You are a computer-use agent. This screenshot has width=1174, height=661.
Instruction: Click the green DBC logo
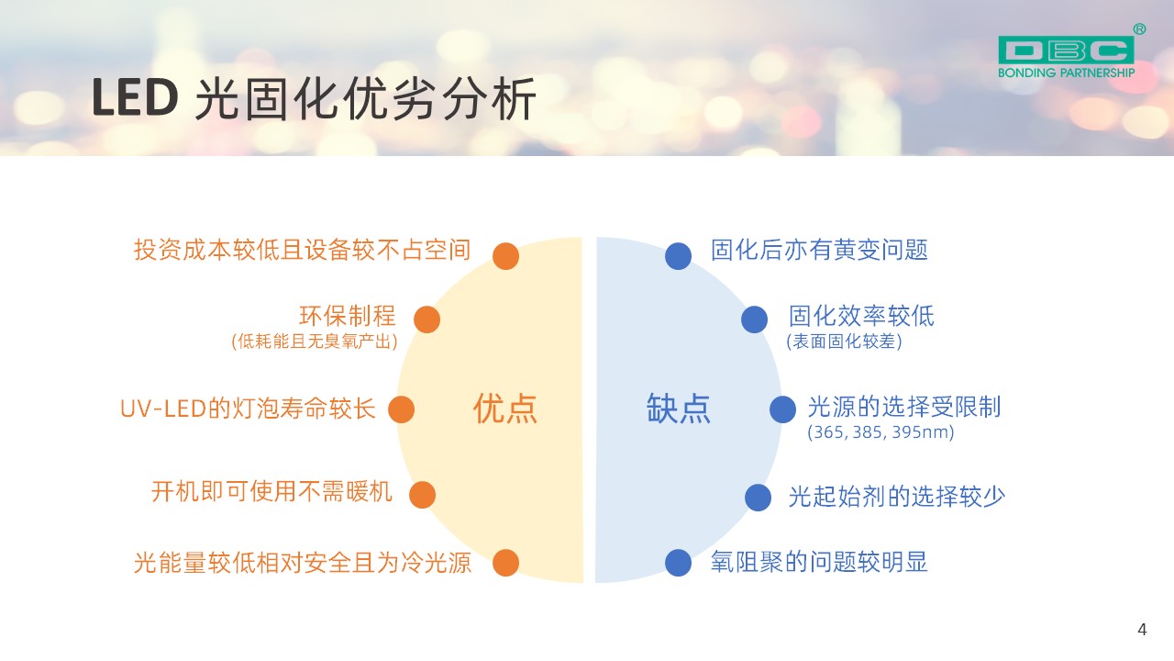click(x=1066, y=50)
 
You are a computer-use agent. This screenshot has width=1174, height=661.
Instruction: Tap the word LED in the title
click(x=135, y=97)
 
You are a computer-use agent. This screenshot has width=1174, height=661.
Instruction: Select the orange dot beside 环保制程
click(x=426, y=319)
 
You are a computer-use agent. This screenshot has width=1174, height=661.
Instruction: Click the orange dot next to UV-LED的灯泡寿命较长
click(x=402, y=409)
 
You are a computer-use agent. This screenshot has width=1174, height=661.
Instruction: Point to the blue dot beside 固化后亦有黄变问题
click(x=678, y=256)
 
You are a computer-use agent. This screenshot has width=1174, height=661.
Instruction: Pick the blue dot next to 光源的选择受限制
click(x=783, y=409)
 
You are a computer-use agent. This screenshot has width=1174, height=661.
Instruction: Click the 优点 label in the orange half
click(x=505, y=409)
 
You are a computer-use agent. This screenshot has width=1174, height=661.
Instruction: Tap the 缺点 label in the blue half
click(x=678, y=409)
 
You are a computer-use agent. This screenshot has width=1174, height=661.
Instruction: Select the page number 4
click(x=1142, y=629)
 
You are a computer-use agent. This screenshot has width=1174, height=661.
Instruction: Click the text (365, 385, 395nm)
click(x=880, y=432)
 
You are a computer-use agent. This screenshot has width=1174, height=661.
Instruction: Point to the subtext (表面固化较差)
click(x=844, y=342)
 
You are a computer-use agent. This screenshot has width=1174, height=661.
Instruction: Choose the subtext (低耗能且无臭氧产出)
click(x=315, y=342)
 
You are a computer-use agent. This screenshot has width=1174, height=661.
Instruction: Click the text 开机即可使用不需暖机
click(x=271, y=492)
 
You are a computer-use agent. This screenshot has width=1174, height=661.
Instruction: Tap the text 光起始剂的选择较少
click(x=897, y=497)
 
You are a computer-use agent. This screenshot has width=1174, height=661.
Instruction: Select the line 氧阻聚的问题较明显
click(x=819, y=562)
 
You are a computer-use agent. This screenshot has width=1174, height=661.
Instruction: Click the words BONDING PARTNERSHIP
click(x=1066, y=73)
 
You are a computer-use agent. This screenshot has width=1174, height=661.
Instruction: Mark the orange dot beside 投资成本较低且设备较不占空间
click(x=505, y=256)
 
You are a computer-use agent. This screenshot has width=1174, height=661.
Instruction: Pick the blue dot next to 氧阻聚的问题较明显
click(x=678, y=563)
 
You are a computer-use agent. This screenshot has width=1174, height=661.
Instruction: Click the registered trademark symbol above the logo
click(x=1139, y=29)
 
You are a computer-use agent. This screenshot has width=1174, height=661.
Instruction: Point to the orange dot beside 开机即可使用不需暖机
click(x=422, y=495)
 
